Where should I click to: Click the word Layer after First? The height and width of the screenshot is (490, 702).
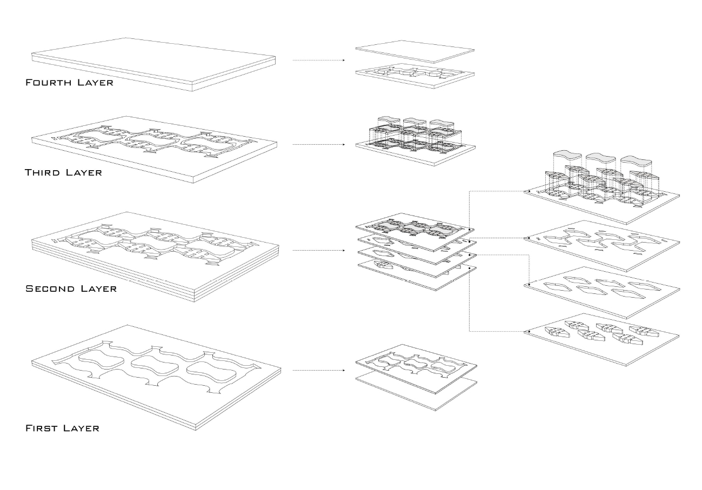[81, 428]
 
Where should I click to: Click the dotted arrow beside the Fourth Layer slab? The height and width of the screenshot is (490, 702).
[318, 60]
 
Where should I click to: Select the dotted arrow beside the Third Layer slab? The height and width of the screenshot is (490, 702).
[318, 145]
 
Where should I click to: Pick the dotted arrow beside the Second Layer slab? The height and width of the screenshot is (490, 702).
[318, 251]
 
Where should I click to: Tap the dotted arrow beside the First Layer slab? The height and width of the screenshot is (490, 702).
[318, 371]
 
